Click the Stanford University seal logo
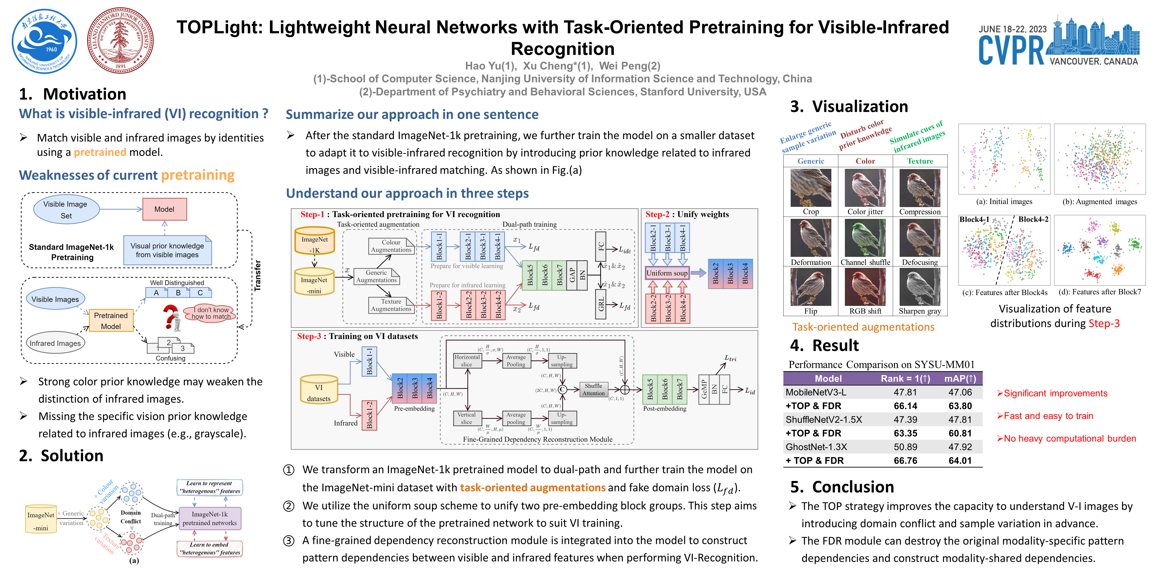pos(120,40)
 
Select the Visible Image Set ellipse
pos(66,210)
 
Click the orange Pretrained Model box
pos(111,320)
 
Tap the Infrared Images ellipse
pos(55,343)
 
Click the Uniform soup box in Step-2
pos(667,273)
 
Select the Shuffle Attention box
pos(593,389)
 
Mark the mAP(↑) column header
pos(960,378)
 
